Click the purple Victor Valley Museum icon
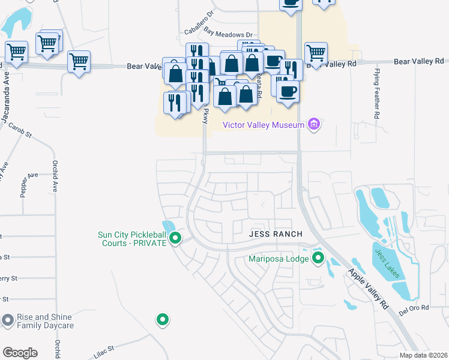pyautogui.click(x=313, y=124)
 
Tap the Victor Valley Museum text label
pyautogui.click(x=264, y=125)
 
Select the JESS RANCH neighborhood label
pyautogui.click(x=276, y=233)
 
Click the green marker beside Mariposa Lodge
pyautogui.click(x=318, y=259)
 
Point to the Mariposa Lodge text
pyautogui.click(x=279, y=259)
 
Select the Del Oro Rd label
pyautogui.click(x=416, y=308)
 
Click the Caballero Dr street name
pyautogui.click(x=199, y=29)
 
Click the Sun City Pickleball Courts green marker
pyautogui.click(x=175, y=239)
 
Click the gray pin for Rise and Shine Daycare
pyautogui.click(x=7, y=320)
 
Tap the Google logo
pyautogui.click(x=20, y=352)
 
